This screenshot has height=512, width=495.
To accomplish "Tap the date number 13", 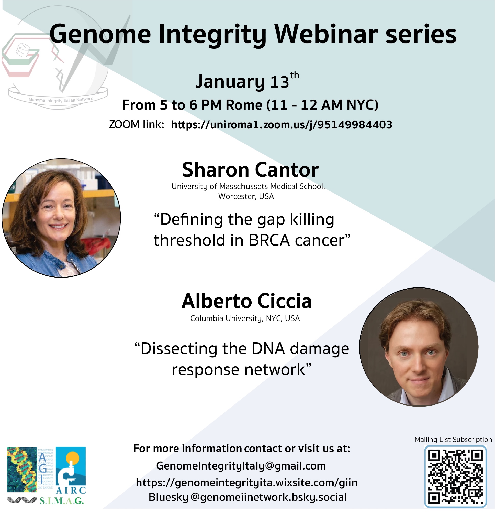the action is (x=279, y=82).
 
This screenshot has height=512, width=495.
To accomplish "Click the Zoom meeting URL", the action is (x=282, y=125).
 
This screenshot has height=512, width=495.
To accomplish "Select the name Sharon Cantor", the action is (x=250, y=170).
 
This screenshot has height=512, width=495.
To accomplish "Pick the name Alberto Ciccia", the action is (x=246, y=301).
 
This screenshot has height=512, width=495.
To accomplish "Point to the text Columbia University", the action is (x=226, y=319).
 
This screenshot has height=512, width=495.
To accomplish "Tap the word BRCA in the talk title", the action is (x=269, y=240).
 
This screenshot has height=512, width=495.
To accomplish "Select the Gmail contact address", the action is (x=241, y=466).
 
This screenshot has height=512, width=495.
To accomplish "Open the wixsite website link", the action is (x=247, y=483).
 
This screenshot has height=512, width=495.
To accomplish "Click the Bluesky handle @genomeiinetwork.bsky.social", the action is (x=268, y=497).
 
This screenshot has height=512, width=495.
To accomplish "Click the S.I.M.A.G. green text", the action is (x=62, y=501).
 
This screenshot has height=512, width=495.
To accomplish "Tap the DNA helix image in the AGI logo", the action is (x=22, y=470).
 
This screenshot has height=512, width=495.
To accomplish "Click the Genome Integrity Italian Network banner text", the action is (x=61, y=100).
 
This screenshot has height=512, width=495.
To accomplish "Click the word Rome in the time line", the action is (x=244, y=105).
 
